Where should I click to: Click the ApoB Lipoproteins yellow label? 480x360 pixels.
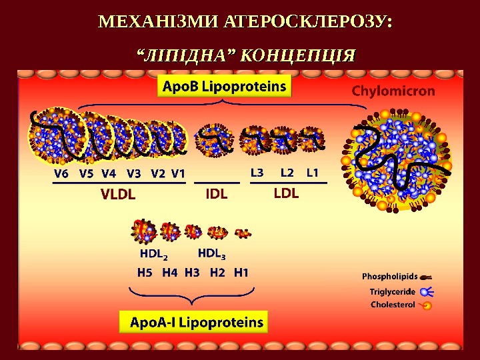tap(225, 87)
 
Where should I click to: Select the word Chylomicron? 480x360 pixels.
tap(393, 91)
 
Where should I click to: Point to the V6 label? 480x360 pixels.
tap(61, 173)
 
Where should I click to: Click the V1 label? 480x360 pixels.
tap(178, 173)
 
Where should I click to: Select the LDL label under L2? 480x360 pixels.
tap(287, 194)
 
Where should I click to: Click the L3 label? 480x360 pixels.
tap(257, 173)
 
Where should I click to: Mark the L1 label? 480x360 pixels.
tap(313, 173)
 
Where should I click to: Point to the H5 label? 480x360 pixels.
tap(145, 272)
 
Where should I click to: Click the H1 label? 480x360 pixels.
tap(241, 272)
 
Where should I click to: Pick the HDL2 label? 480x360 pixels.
tap(153, 254)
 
